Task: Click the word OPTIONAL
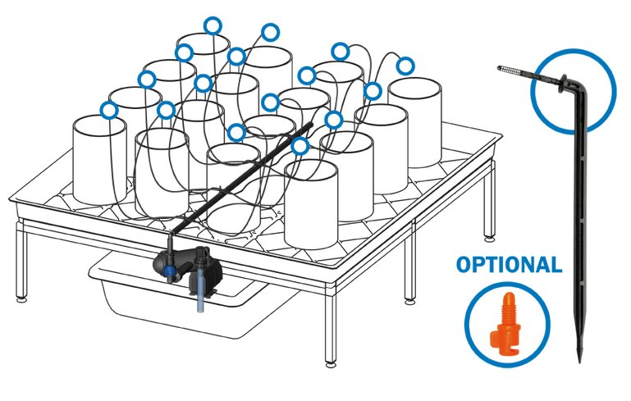tap(509, 265)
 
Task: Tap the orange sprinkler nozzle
tap(505, 324)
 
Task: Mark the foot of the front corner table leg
tap(331, 364)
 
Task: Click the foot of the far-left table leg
tap(21, 298)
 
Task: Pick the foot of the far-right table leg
tap(489, 239)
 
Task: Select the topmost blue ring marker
tap(213, 25)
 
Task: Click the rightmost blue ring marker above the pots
tap(405, 66)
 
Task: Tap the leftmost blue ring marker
tap(108, 110)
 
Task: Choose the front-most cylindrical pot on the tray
tap(311, 205)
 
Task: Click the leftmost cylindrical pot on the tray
tap(99, 160)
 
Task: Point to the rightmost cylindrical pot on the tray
tap(414, 123)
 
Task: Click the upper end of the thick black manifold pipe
tap(311, 125)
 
